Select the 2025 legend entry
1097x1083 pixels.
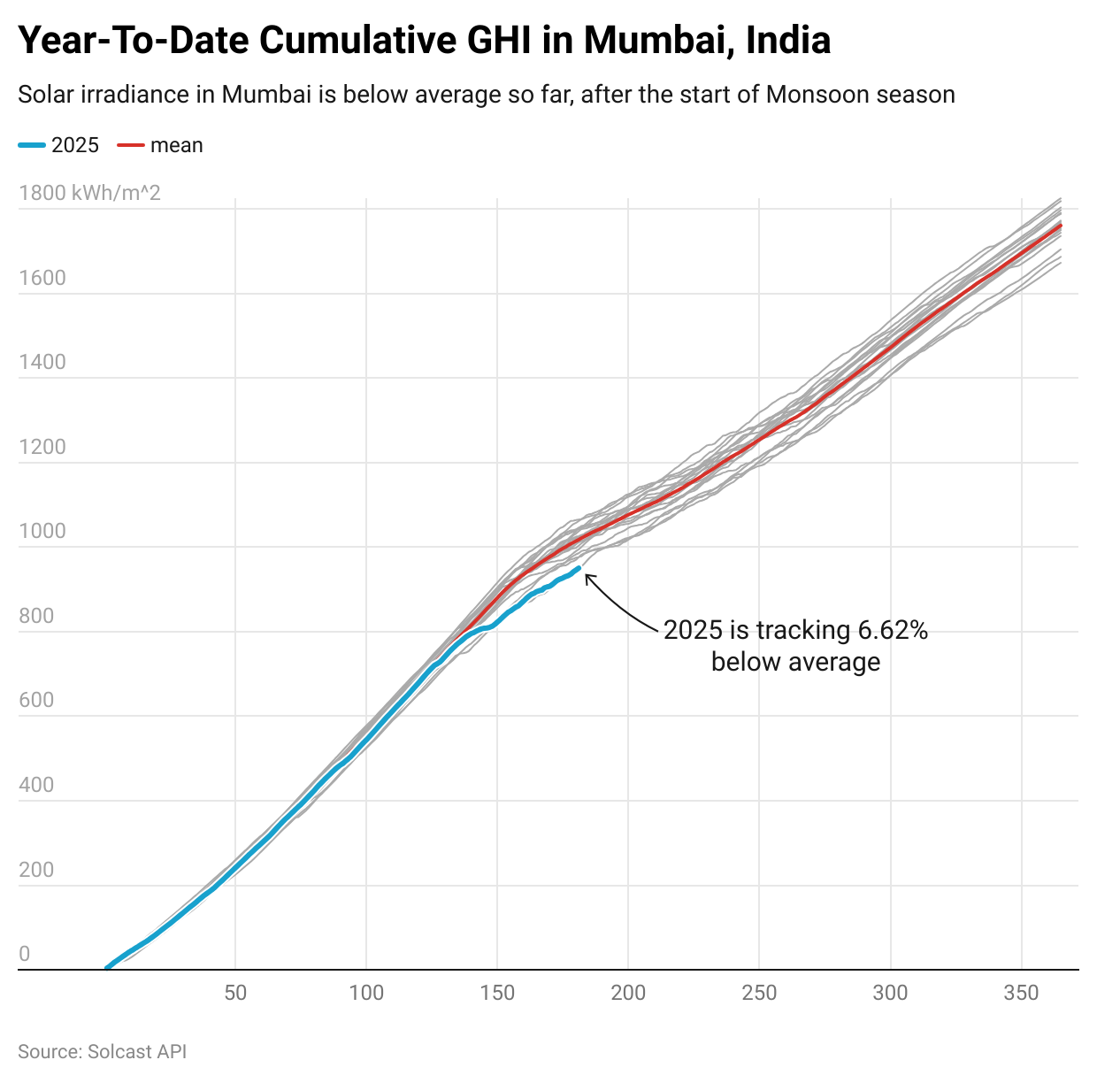click(x=60, y=145)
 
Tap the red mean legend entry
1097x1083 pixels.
click(x=161, y=145)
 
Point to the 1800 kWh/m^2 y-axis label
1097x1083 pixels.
click(x=89, y=193)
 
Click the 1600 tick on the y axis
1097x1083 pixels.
click(x=42, y=278)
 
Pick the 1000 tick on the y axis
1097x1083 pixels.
click(x=42, y=531)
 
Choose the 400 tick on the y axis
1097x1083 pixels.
click(x=36, y=785)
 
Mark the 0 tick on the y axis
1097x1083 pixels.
click(x=24, y=954)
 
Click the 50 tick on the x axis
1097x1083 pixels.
click(x=235, y=993)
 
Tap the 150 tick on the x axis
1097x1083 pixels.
click(x=497, y=993)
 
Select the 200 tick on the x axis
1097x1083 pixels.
click(x=628, y=993)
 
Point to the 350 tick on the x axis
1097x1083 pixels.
click(x=1021, y=993)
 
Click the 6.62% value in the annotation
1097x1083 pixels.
click(x=893, y=630)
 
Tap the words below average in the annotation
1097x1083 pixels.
click(x=795, y=662)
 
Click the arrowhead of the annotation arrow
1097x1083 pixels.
click(x=587, y=577)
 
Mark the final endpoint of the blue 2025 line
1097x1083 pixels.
click(x=579, y=569)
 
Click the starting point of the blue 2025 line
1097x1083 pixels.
click(x=107, y=968)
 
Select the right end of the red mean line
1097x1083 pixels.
click(x=1060, y=226)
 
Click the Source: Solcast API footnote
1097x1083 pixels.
click(x=102, y=1052)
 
